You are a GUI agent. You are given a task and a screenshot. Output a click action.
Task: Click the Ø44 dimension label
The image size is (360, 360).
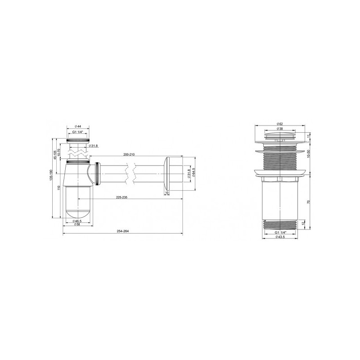pyautogui.click(x=78, y=127)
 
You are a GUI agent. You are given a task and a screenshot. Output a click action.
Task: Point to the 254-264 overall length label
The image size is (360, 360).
pyautogui.click(x=123, y=231)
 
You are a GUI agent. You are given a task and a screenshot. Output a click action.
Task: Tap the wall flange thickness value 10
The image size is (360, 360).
pyautogui.click(x=166, y=193)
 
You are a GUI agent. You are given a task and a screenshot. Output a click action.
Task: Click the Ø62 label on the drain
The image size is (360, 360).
pyautogui.click(x=280, y=124)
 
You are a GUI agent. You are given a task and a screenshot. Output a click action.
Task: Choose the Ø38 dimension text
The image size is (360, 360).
pyautogui.click(x=280, y=129)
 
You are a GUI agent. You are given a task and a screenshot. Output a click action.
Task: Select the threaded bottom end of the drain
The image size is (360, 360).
pyautogui.click(x=280, y=224)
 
